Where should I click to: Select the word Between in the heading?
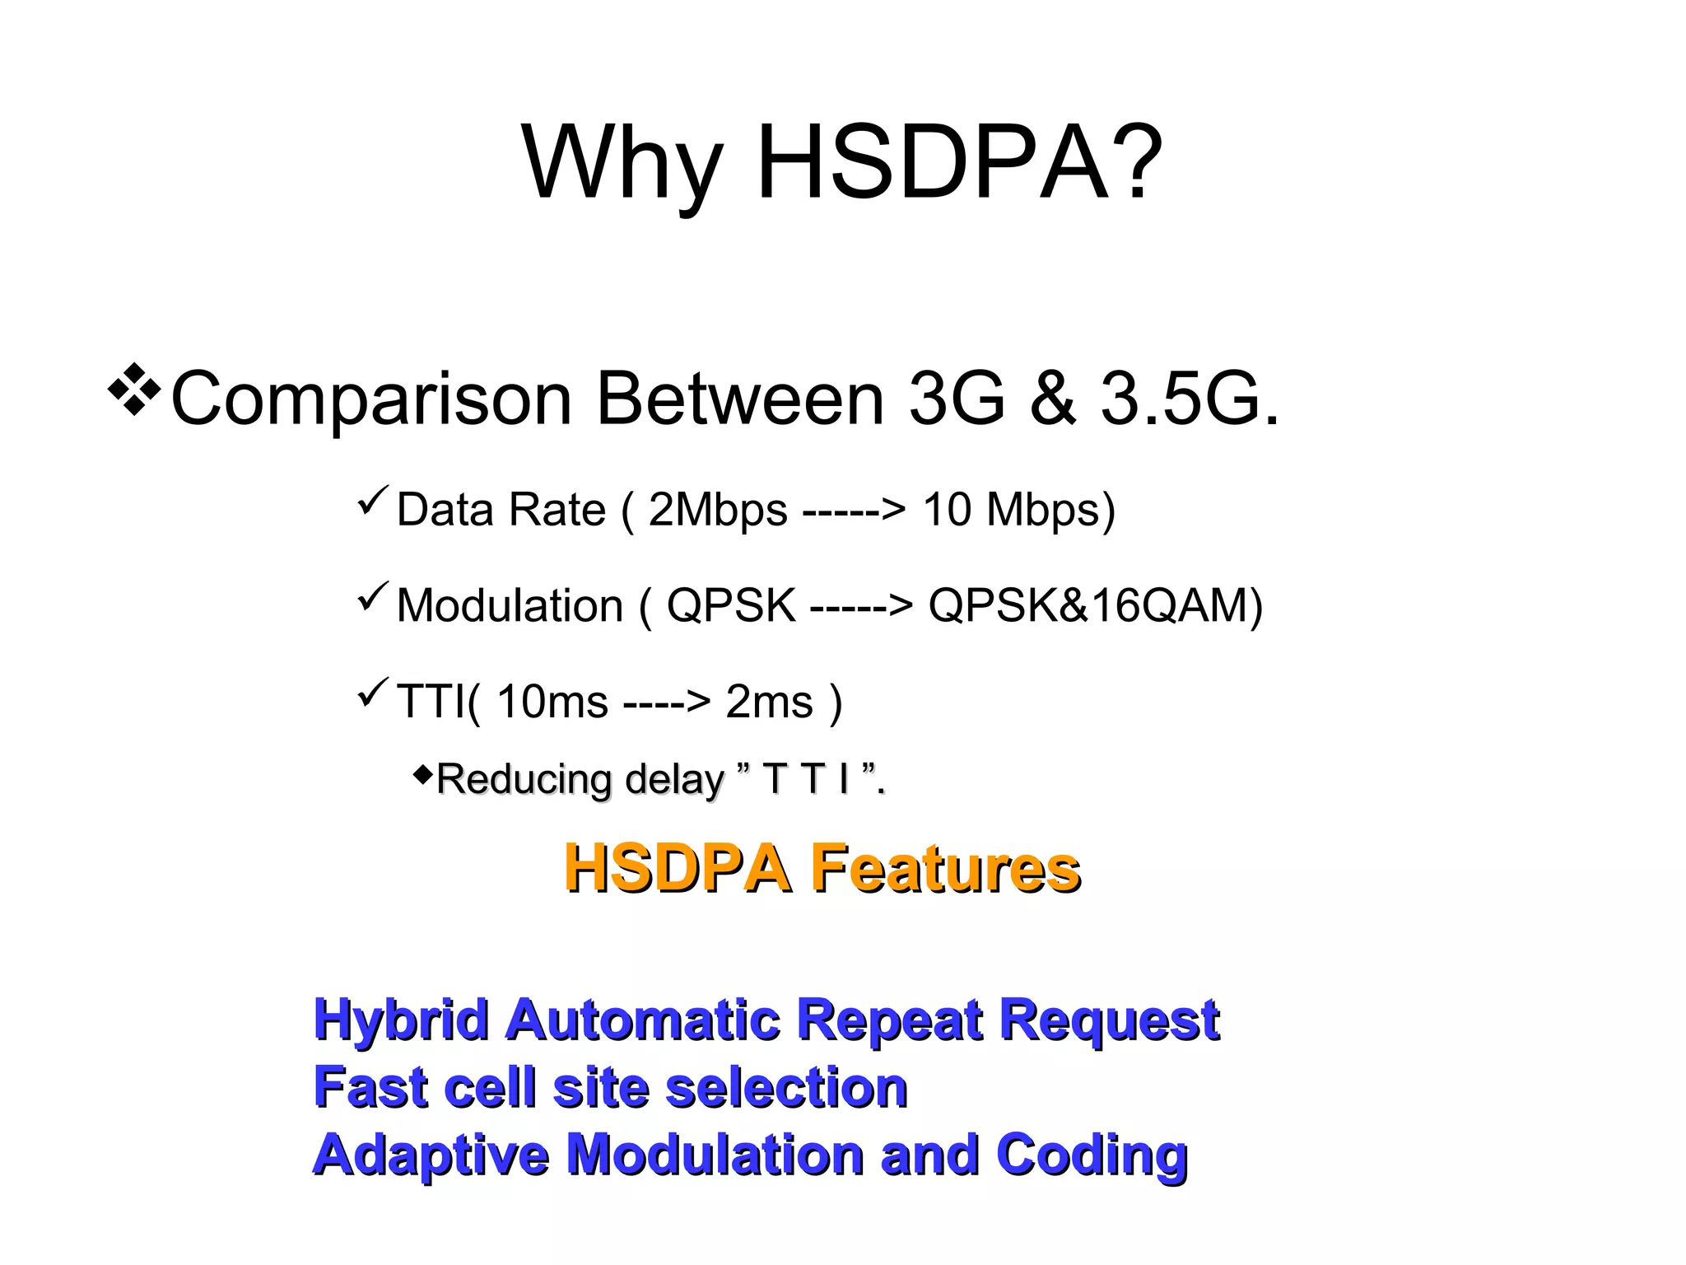point(740,399)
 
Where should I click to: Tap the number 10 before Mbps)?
point(947,509)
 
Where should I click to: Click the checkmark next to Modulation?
point(373,596)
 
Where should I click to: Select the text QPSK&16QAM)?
point(1096,606)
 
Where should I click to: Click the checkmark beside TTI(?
point(373,693)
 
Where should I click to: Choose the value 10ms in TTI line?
point(552,703)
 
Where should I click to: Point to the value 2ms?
point(769,703)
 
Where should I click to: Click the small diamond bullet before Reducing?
point(422,774)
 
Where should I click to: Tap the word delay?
point(674,780)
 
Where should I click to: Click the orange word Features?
point(945,869)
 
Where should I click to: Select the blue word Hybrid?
point(402,1021)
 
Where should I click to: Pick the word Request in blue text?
point(1109,1021)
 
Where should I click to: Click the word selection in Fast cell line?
point(786,1088)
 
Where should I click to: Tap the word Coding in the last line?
point(1092,1155)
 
